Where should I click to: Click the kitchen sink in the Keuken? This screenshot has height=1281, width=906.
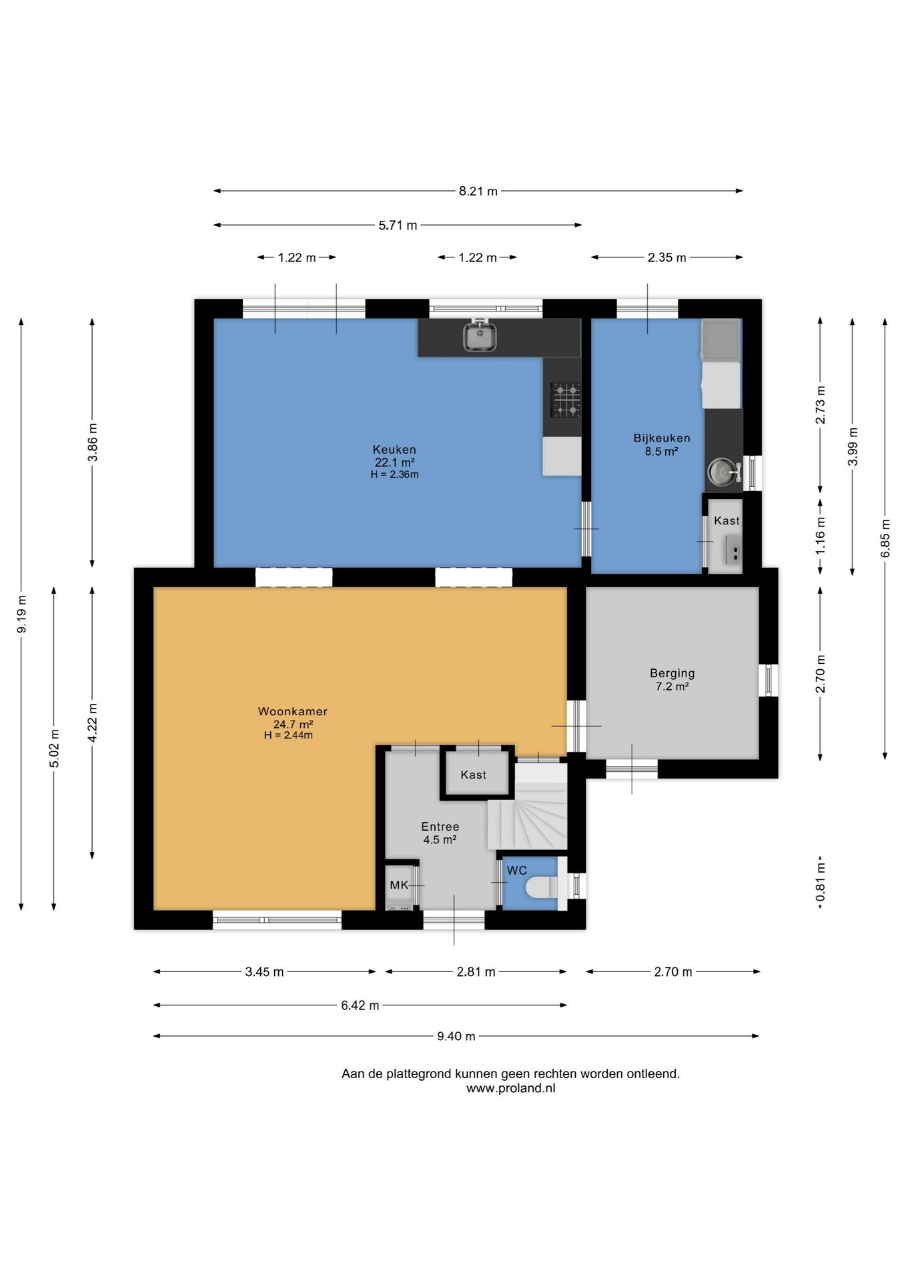click(x=480, y=336)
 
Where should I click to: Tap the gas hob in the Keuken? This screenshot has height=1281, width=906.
click(x=565, y=399)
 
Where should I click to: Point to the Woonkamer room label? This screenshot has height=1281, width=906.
click(x=293, y=712)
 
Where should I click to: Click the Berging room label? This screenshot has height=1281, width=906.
click(x=672, y=674)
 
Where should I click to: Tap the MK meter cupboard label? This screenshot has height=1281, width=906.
click(x=399, y=885)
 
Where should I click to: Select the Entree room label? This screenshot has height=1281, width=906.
click(x=440, y=827)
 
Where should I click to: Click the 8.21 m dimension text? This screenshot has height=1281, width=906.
click(x=478, y=191)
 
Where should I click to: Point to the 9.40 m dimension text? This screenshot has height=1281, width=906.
click(x=456, y=1037)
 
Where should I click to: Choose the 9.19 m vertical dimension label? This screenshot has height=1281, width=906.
click(x=22, y=614)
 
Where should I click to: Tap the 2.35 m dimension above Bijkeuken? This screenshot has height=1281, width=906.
click(x=667, y=258)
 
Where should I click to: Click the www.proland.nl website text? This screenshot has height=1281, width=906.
click(x=511, y=1088)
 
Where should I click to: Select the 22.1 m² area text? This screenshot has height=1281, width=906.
click(x=395, y=462)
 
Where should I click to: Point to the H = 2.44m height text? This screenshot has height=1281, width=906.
click(x=288, y=735)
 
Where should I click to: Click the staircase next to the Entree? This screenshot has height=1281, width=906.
click(x=527, y=807)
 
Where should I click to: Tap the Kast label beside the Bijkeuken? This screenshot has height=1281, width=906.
click(x=727, y=521)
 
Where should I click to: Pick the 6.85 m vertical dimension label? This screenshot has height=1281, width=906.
click(x=885, y=538)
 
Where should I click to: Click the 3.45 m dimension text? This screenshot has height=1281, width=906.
click(x=264, y=972)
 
